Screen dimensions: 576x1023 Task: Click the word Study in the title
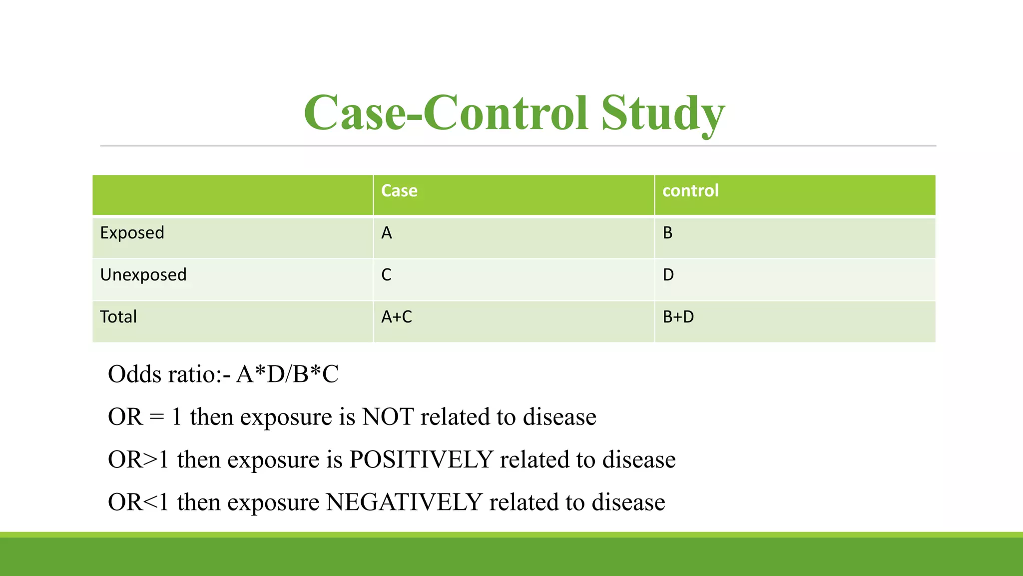click(x=662, y=114)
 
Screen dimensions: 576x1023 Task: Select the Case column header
click(x=399, y=190)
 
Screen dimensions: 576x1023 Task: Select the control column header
click(x=690, y=190)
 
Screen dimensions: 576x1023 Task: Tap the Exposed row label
click(x=132, y=233)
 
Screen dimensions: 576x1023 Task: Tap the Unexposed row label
click(x=143, y=275)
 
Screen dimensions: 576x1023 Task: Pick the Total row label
click(x=118, y=317)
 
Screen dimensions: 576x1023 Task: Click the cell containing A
click(x=387, y=233)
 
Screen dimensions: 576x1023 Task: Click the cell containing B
click(x=668, y=233)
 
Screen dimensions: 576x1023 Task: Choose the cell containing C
click(x=387, y=275)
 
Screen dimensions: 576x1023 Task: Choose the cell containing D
click(x=668, y=275)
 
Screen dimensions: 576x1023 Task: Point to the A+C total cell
click(x=397, y=317)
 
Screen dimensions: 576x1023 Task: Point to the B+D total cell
click(x=678, y=317)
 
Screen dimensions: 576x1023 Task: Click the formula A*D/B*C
click(x=288, y=374)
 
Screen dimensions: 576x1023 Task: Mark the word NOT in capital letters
click(x=388, y=417)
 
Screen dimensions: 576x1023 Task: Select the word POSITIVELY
click(x=421, y=459)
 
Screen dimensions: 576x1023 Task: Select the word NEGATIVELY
click(x=404, y=502)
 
